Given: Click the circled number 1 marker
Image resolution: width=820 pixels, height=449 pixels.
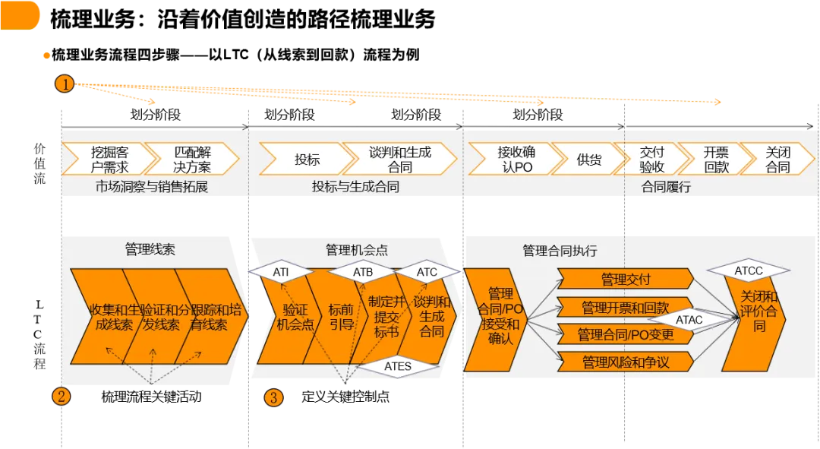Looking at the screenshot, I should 65,84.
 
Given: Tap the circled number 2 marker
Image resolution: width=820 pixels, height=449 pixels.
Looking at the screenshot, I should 61,396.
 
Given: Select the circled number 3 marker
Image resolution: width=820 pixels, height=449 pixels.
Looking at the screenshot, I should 274,397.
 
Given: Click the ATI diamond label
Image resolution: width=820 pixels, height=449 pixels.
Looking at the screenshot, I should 282,272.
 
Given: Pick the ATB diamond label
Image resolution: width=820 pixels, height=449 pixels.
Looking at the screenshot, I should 361,272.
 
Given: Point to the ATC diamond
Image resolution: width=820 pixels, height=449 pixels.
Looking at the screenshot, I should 427,272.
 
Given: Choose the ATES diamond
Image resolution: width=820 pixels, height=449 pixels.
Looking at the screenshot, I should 397,366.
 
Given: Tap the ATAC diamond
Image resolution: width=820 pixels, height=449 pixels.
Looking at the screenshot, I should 689,320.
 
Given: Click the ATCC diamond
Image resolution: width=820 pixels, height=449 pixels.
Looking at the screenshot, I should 748,271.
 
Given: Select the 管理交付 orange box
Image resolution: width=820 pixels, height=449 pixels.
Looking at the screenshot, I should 626,280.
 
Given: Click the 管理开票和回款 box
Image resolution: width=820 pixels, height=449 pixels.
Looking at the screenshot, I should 626,308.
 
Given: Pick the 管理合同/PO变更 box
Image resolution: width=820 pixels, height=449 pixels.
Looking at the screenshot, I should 626,334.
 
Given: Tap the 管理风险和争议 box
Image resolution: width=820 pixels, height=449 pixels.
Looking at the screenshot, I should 626,362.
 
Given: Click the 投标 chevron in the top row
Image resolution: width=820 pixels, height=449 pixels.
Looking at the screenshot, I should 307,160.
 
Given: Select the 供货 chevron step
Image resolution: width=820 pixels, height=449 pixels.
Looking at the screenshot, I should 588,160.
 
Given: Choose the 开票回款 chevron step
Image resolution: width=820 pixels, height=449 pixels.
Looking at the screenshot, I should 716,160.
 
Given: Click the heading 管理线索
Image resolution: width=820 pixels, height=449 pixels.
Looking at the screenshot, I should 150,249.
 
